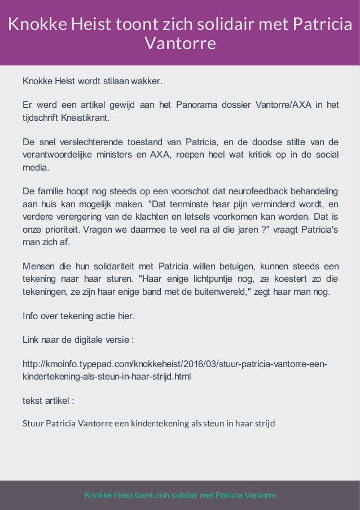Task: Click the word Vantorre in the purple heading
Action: [180, 43]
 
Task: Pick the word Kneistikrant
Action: [86, 119]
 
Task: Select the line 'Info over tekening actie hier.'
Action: [78, 316]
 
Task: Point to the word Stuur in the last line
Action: [32, 423]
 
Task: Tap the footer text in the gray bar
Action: [180, 495]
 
